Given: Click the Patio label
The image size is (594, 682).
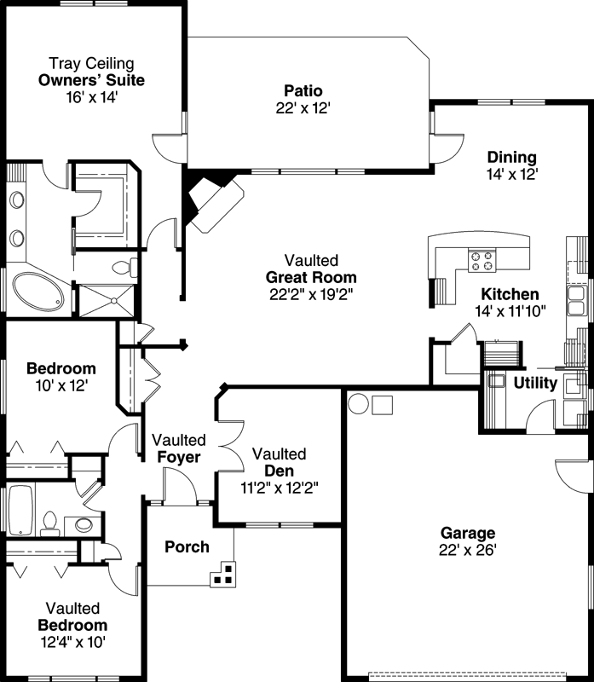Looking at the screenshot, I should pyautogui.click(x=303, y=90).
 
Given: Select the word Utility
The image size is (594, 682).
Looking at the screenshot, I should pyautogui.click(x=535, y=384).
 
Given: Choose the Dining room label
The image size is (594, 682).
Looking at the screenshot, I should pyautogui.click(x=511, y=157).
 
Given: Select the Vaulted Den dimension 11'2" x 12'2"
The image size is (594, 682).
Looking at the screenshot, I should pyautogui.click(x=280, y=488).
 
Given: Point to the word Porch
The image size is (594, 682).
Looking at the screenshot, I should pyautogui.click(x=187, y=546).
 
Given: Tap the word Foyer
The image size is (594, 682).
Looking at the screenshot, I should pyautogui.click(x=179, y=457).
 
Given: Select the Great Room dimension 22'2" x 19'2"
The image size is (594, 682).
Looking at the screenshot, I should pyautogui.click(x=310, y=294).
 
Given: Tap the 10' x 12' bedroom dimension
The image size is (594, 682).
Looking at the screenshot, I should pyautogui.click(x=61, y=385).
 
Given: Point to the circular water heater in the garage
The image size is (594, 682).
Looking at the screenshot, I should pyautogui.click(x=358, y=402).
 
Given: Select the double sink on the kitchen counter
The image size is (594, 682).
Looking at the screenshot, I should pyautogui.click(x=577, y=300).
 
